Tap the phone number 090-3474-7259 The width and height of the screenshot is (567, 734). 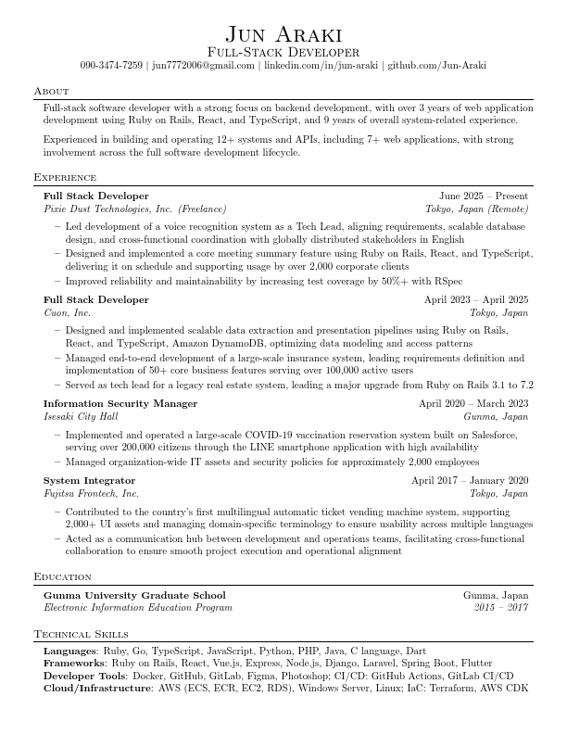pyautogui.click(x=111, y=66)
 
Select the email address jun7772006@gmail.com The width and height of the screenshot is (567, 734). pyautogui.click(x=202, y=66)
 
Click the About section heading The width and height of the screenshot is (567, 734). pyautogui.click(x=51, y=91)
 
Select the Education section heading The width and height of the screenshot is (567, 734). pyautogui.click(x=62, y=576)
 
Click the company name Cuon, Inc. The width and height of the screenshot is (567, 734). pyautogui.click(x=68, y=313)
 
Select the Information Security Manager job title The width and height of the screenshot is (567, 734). pyautogui.click(x=120, y=403)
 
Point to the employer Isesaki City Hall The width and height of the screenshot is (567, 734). pyautogui.click(x=81, y=417)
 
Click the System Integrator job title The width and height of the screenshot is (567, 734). pyautogui.click(x=89, y=480)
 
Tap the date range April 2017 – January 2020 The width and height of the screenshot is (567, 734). pyautogui.click(x=470, y=480)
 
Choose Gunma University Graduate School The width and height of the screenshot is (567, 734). pyautogui.click(x=134, y=595)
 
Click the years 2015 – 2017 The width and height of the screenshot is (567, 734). pyautogui.click(x=501, y=608)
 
